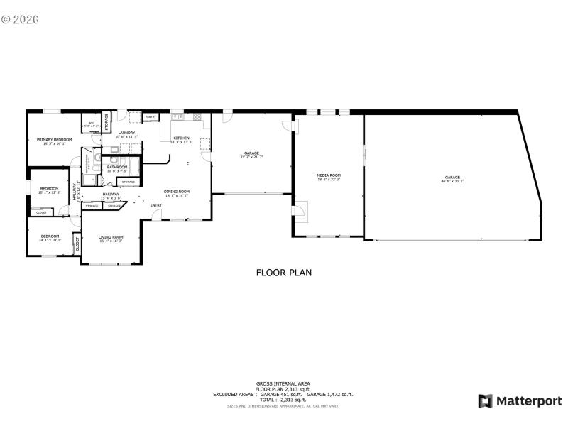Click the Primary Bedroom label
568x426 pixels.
55,140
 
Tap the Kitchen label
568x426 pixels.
181,138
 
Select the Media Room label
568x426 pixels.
329,175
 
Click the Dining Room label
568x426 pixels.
177,190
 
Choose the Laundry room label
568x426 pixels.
127,132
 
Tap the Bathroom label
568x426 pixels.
117,167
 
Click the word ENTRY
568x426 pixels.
155,206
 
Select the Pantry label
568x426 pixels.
151,116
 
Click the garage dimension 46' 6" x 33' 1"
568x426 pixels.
452,181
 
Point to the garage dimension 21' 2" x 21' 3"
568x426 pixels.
251,156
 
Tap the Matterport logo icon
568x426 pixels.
485,401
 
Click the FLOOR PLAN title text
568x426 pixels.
283,272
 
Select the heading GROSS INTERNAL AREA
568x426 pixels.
283,383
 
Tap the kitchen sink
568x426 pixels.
176,116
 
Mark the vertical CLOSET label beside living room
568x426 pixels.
77,244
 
